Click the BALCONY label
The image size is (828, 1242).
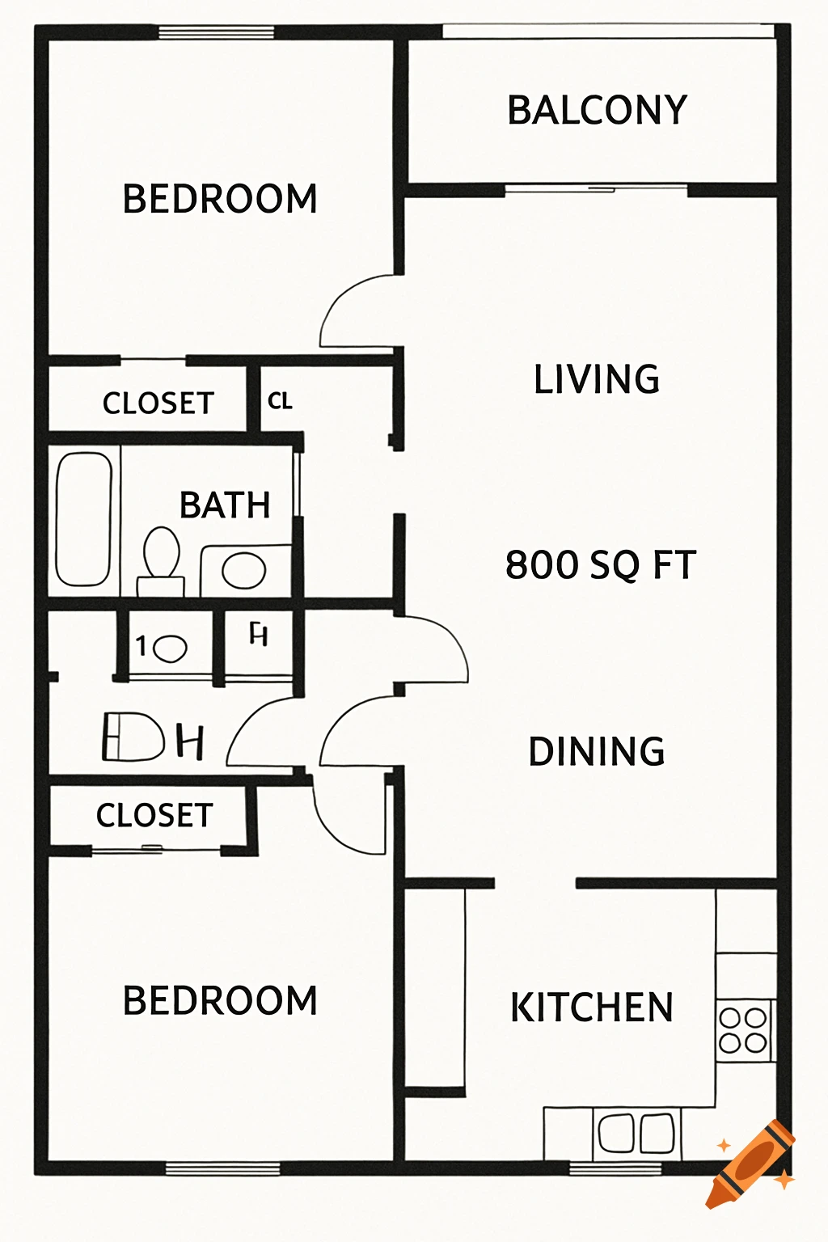pos(597,111)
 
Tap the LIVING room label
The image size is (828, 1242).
pos(597,379)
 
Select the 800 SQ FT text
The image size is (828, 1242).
pos(600,564)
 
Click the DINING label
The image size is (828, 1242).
pos(597,751)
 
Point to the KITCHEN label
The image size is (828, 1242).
pos(592,1008)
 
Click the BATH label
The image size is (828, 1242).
pos(225,505)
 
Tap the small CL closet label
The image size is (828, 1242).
pos(280,401)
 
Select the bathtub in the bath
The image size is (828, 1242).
pos(83,518)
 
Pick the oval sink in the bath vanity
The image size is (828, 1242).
pos(243,570)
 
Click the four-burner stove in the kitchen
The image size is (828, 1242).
pos(744,1030)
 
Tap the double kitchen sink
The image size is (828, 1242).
pos(636,1133)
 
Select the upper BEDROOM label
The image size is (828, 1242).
pos(220,199)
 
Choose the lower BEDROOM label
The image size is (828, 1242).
pos(220,1001)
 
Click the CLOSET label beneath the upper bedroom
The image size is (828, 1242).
pos(158,403)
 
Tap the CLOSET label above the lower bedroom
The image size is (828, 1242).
pos(154,815)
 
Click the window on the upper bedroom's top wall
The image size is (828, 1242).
pos(216,32)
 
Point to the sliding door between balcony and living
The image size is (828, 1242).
pos(596,190)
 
